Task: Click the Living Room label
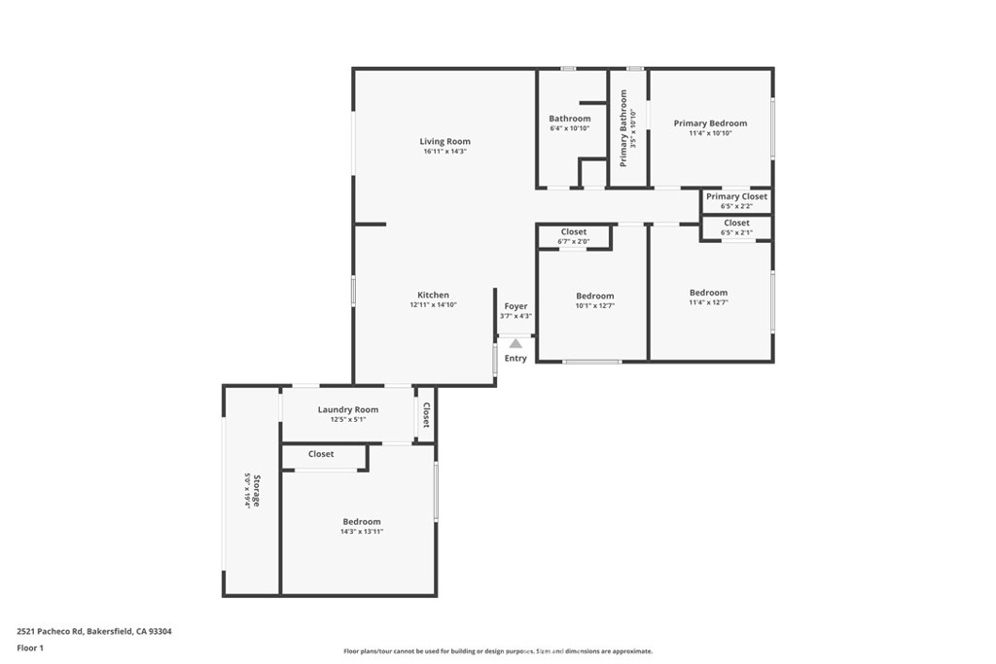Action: (445, 142)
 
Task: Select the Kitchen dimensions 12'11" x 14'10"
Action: (433, 305)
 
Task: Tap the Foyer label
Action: (516, 306)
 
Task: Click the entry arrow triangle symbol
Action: (516, 342)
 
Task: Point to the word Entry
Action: (516, 359)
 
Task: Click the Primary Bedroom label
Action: (710, 123)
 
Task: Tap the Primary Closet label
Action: (736, 196)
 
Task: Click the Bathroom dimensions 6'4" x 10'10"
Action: (570, 128)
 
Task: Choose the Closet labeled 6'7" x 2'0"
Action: (574, 232)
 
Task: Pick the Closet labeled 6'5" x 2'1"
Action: (736, 224)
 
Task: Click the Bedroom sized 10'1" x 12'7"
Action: (594, 296)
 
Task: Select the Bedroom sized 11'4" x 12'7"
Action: (708, 293)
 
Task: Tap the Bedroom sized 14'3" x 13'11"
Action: (362, 521)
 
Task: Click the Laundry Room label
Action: (348, 409)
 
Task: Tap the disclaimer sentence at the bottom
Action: (497, 651)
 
